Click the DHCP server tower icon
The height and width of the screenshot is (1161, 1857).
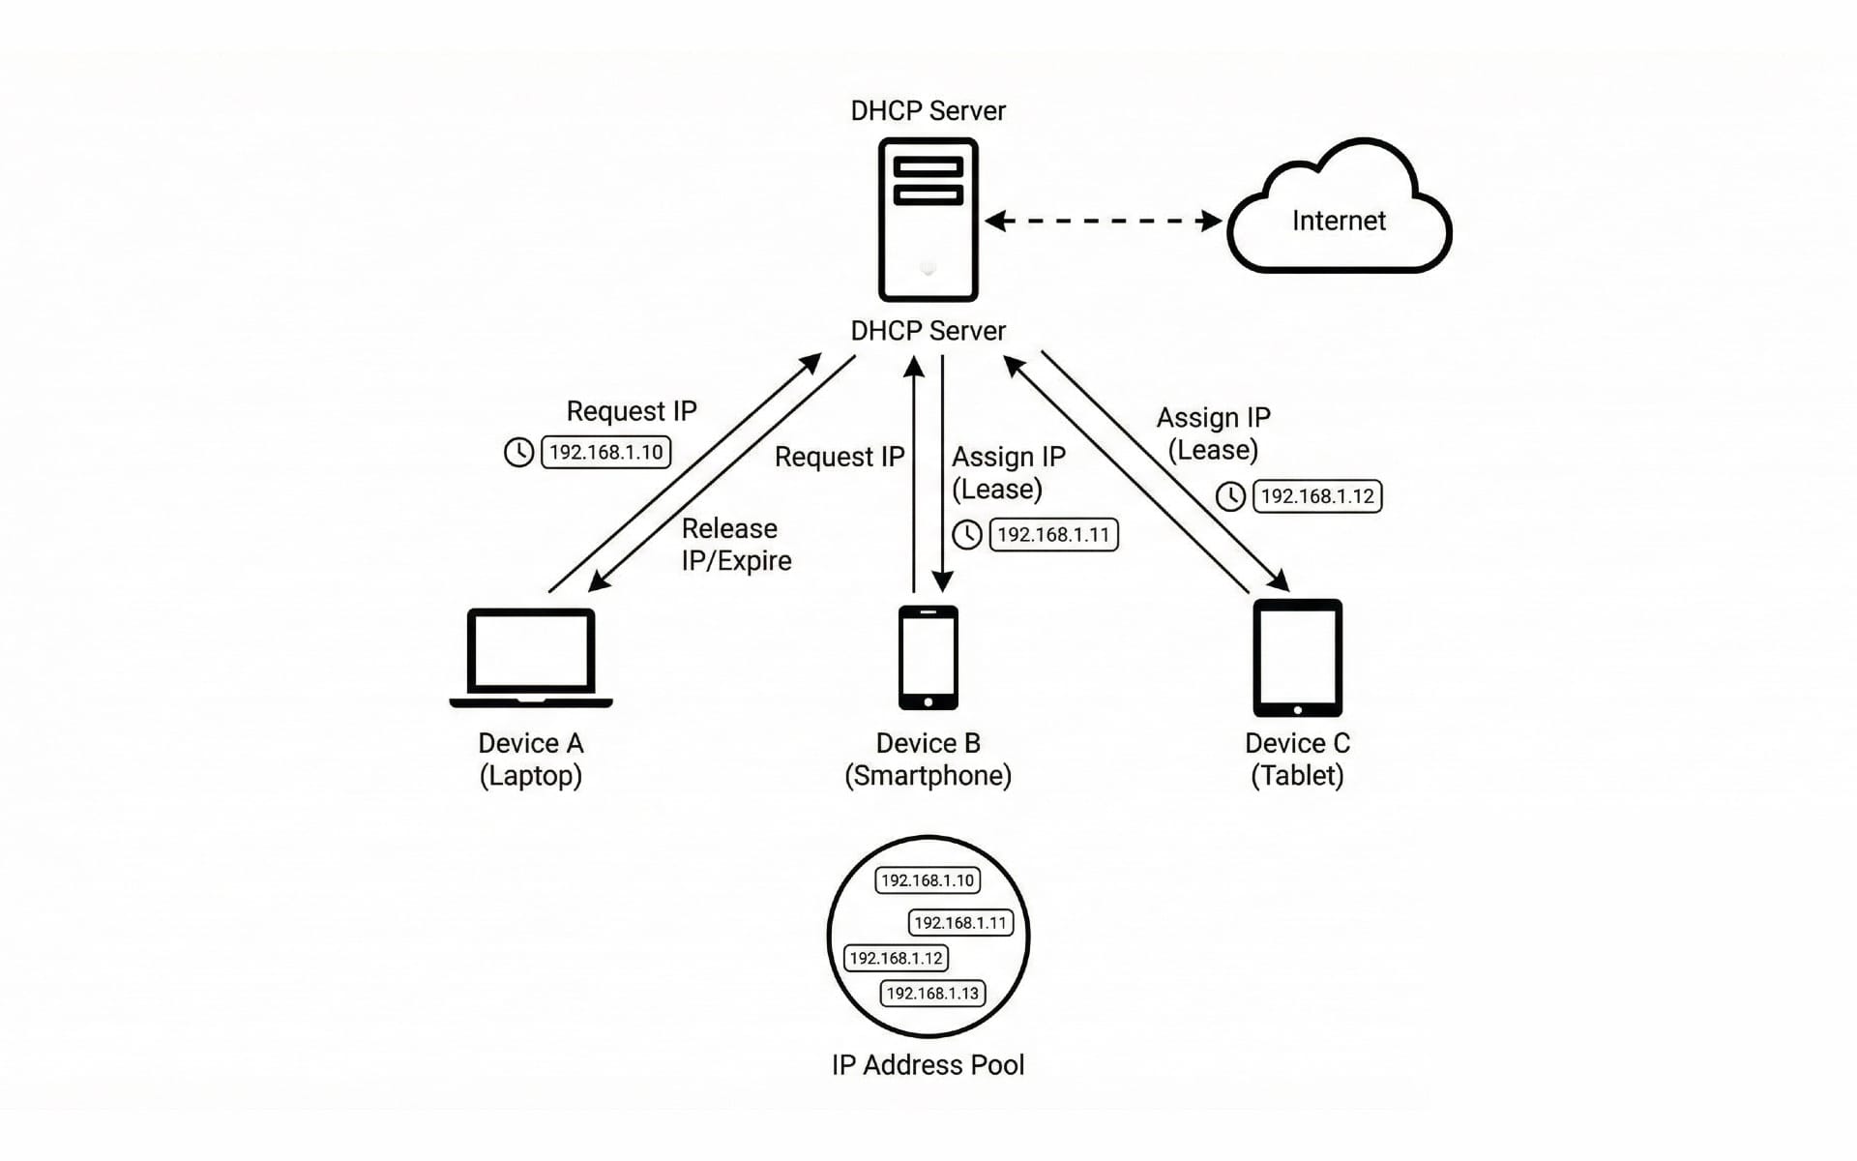(x=928, y=220)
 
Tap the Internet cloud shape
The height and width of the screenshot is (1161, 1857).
(x=1339, y=220)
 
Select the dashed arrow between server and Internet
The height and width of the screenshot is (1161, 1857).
(x=1103, y=221)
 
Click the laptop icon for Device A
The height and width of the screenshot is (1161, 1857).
(x=531, y=657)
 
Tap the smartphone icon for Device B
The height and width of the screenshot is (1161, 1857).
(x=928, y=657)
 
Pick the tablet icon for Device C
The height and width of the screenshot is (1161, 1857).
(x=1297, y=657)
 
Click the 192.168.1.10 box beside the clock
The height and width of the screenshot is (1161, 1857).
(x=605, y=452)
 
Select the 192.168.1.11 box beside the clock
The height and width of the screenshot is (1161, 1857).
(x=1053, y=534)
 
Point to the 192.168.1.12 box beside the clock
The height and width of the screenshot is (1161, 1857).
(x=1316, y=496)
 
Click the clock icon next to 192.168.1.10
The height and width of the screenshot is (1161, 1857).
(x=519, y=452)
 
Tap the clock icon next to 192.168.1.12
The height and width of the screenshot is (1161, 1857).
(x=1230, y=496)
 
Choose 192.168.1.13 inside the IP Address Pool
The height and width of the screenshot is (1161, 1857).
(x=932, y=994)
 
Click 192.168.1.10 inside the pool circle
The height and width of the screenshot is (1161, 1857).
(x=928, y=880)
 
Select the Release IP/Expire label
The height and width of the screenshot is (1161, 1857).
(x=736, y=544)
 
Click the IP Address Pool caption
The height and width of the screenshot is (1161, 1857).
(x=928, y=1064)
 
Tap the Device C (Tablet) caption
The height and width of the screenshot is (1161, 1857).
(x=1297, y=759)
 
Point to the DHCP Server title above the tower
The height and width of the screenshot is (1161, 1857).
(x=928, y=110)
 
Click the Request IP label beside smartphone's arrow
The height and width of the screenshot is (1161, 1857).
(x=839, y=457)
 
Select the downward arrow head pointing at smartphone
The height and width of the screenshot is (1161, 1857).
(x=943, y=580)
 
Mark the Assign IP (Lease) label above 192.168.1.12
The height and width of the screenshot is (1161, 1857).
(x=1213, y=433)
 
